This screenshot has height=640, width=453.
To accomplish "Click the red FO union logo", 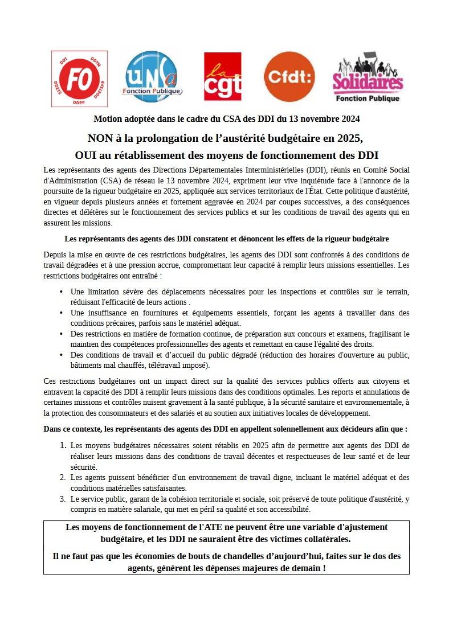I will pyautogui.click(x=79, y=79).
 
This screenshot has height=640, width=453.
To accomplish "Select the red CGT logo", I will pyautogui.click(x=222, y=76).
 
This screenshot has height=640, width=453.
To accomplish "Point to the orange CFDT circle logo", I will pyautogui.click(x=289, y=76).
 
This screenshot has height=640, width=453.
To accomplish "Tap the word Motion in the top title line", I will pyautogui.click(x=109, y=119).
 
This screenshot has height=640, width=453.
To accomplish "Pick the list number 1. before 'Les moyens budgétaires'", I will pyautogui.click(x=63, y=445).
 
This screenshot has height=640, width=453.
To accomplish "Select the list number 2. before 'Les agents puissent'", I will pyautogui.click(x=63, y=478).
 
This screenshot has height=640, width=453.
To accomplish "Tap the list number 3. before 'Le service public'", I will pyautogui.click(x=63, y=499).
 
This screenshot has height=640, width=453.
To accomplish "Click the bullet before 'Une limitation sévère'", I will pyautogui.click(x=61, y=292).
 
